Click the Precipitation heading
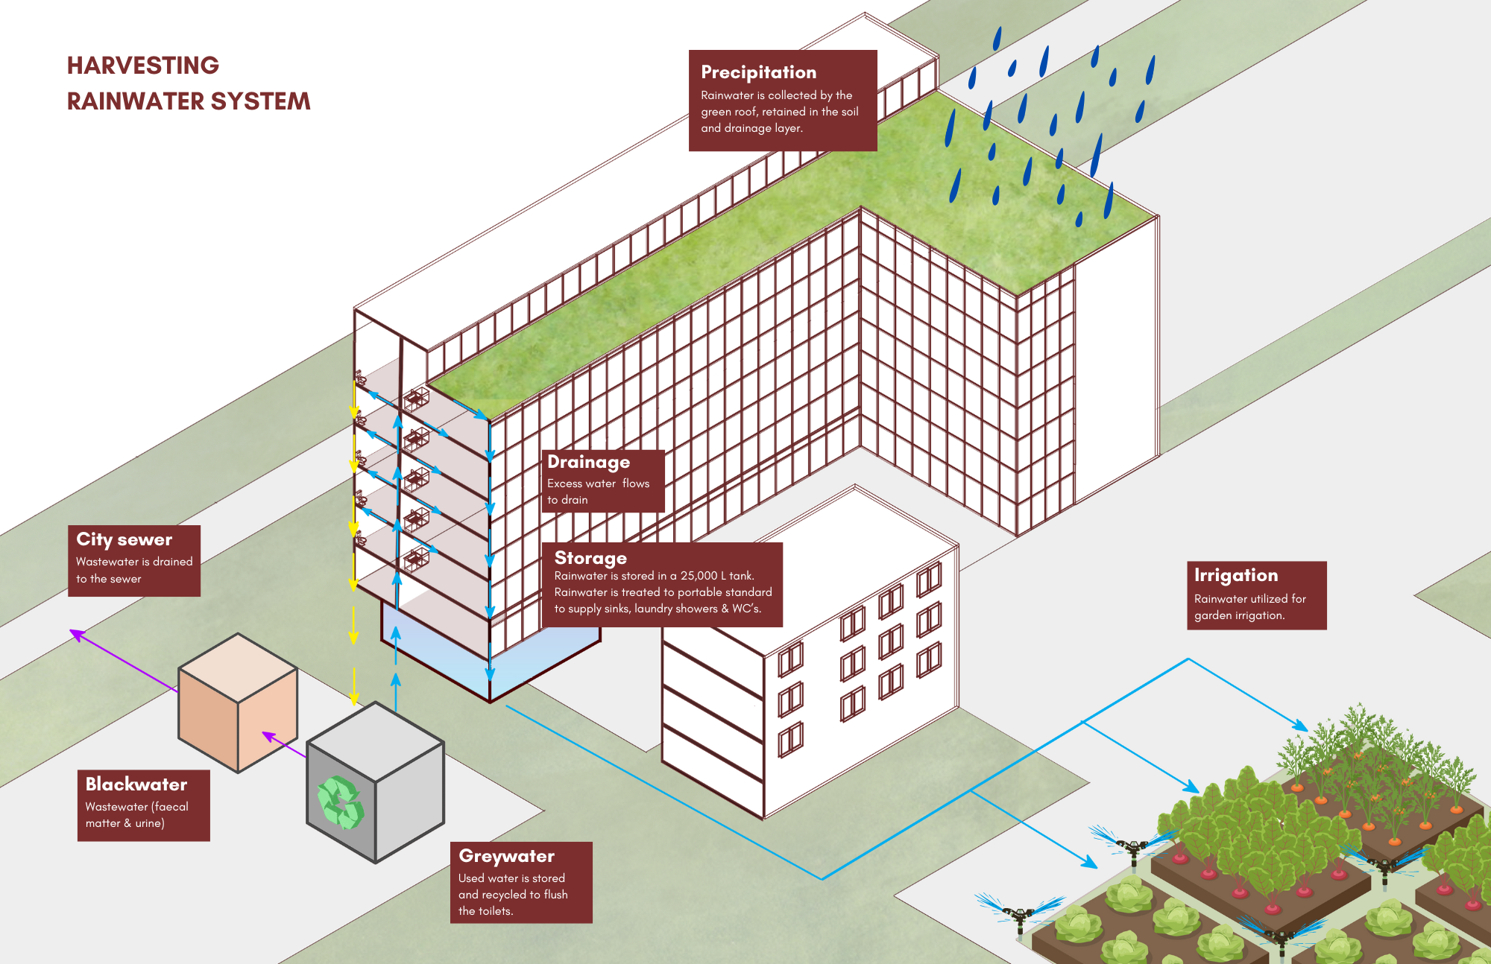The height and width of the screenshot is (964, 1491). click(x=758, y=72)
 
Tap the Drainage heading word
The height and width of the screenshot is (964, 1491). click(x=588, y=462)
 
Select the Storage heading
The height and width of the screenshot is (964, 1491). click(x=590, y=558)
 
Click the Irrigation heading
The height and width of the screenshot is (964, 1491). click(x=1235, y=575)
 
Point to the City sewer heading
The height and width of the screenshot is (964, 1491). click(x=124, y=539)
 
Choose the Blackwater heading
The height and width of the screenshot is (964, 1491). click(x=136, y=784)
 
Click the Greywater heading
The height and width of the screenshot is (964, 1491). click(x=506, y=856)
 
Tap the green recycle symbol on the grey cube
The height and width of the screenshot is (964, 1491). click(x=341, y=802)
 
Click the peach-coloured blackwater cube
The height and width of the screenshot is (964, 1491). click(x=237, y=703)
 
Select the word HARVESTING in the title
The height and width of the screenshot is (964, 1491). click(x=143, y=66)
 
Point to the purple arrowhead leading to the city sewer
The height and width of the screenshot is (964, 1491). click(x=76, y=635)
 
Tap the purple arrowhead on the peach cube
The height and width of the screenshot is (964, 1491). click(x=268, y=737)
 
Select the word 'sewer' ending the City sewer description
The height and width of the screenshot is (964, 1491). click(x=125, y=579)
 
